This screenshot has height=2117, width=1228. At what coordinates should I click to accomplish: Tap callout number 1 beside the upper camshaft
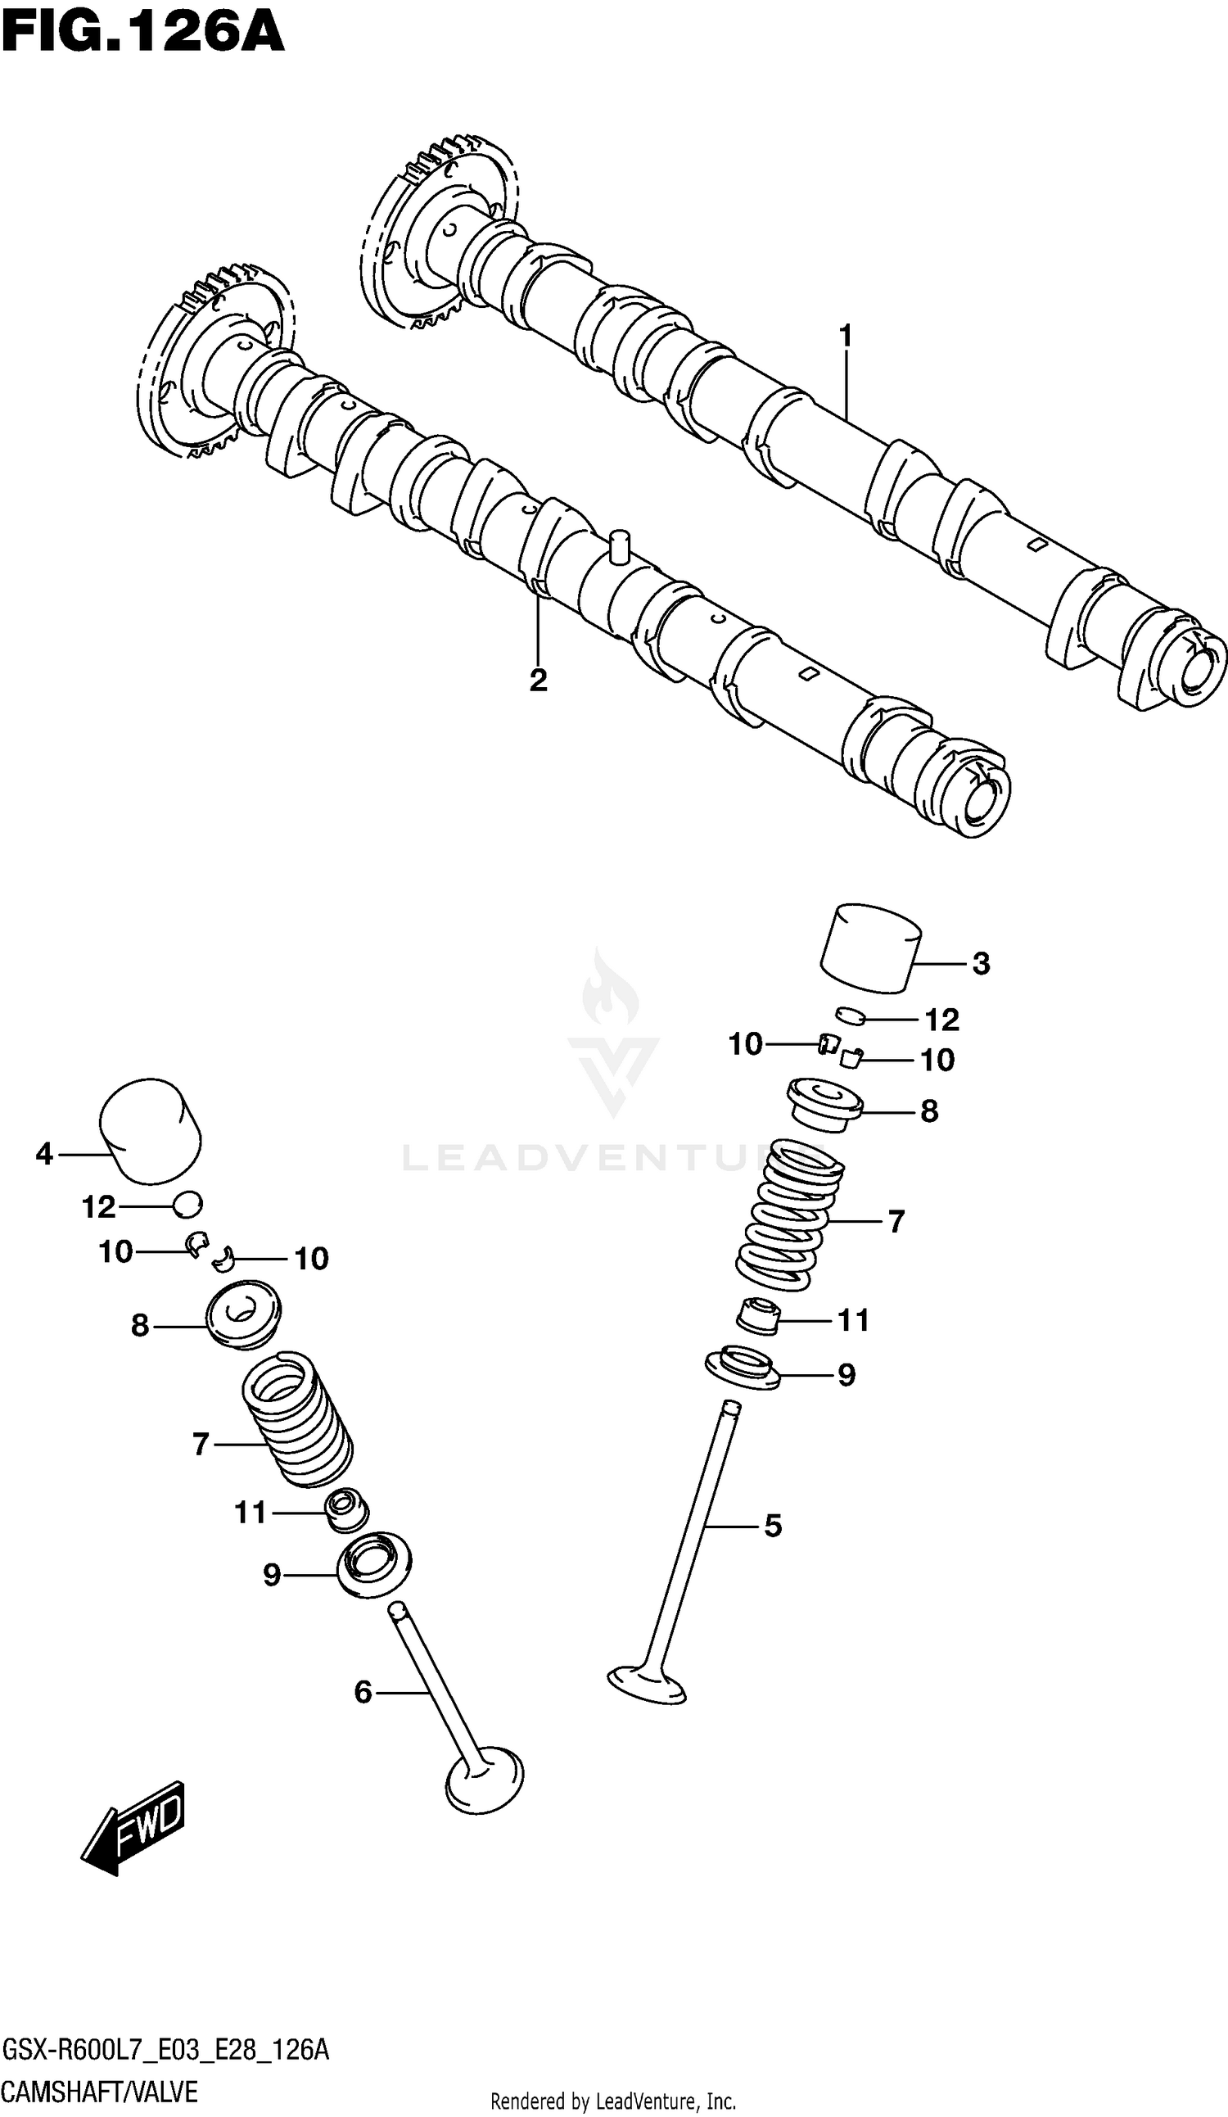point(846,336)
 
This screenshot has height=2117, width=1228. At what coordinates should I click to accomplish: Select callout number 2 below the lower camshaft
point(539,680)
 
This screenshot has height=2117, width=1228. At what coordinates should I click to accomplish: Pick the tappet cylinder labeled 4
point(151,1130)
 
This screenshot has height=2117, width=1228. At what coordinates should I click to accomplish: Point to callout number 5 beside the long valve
point(773,1525)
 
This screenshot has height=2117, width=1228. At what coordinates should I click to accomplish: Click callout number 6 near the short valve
point(363,1691)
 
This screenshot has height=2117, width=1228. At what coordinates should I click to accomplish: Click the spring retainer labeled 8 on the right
point(824,1106)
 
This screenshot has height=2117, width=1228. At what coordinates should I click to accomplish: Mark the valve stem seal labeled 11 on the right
point(758,1316)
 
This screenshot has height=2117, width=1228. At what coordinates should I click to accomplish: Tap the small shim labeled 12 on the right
point(850,1016)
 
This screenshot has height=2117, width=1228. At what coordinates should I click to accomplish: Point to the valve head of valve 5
point(647,1683)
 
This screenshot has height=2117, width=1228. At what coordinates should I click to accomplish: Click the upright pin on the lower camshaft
point(620,546)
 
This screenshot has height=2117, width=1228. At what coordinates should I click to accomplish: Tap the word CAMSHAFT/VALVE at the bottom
point(100,2091)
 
